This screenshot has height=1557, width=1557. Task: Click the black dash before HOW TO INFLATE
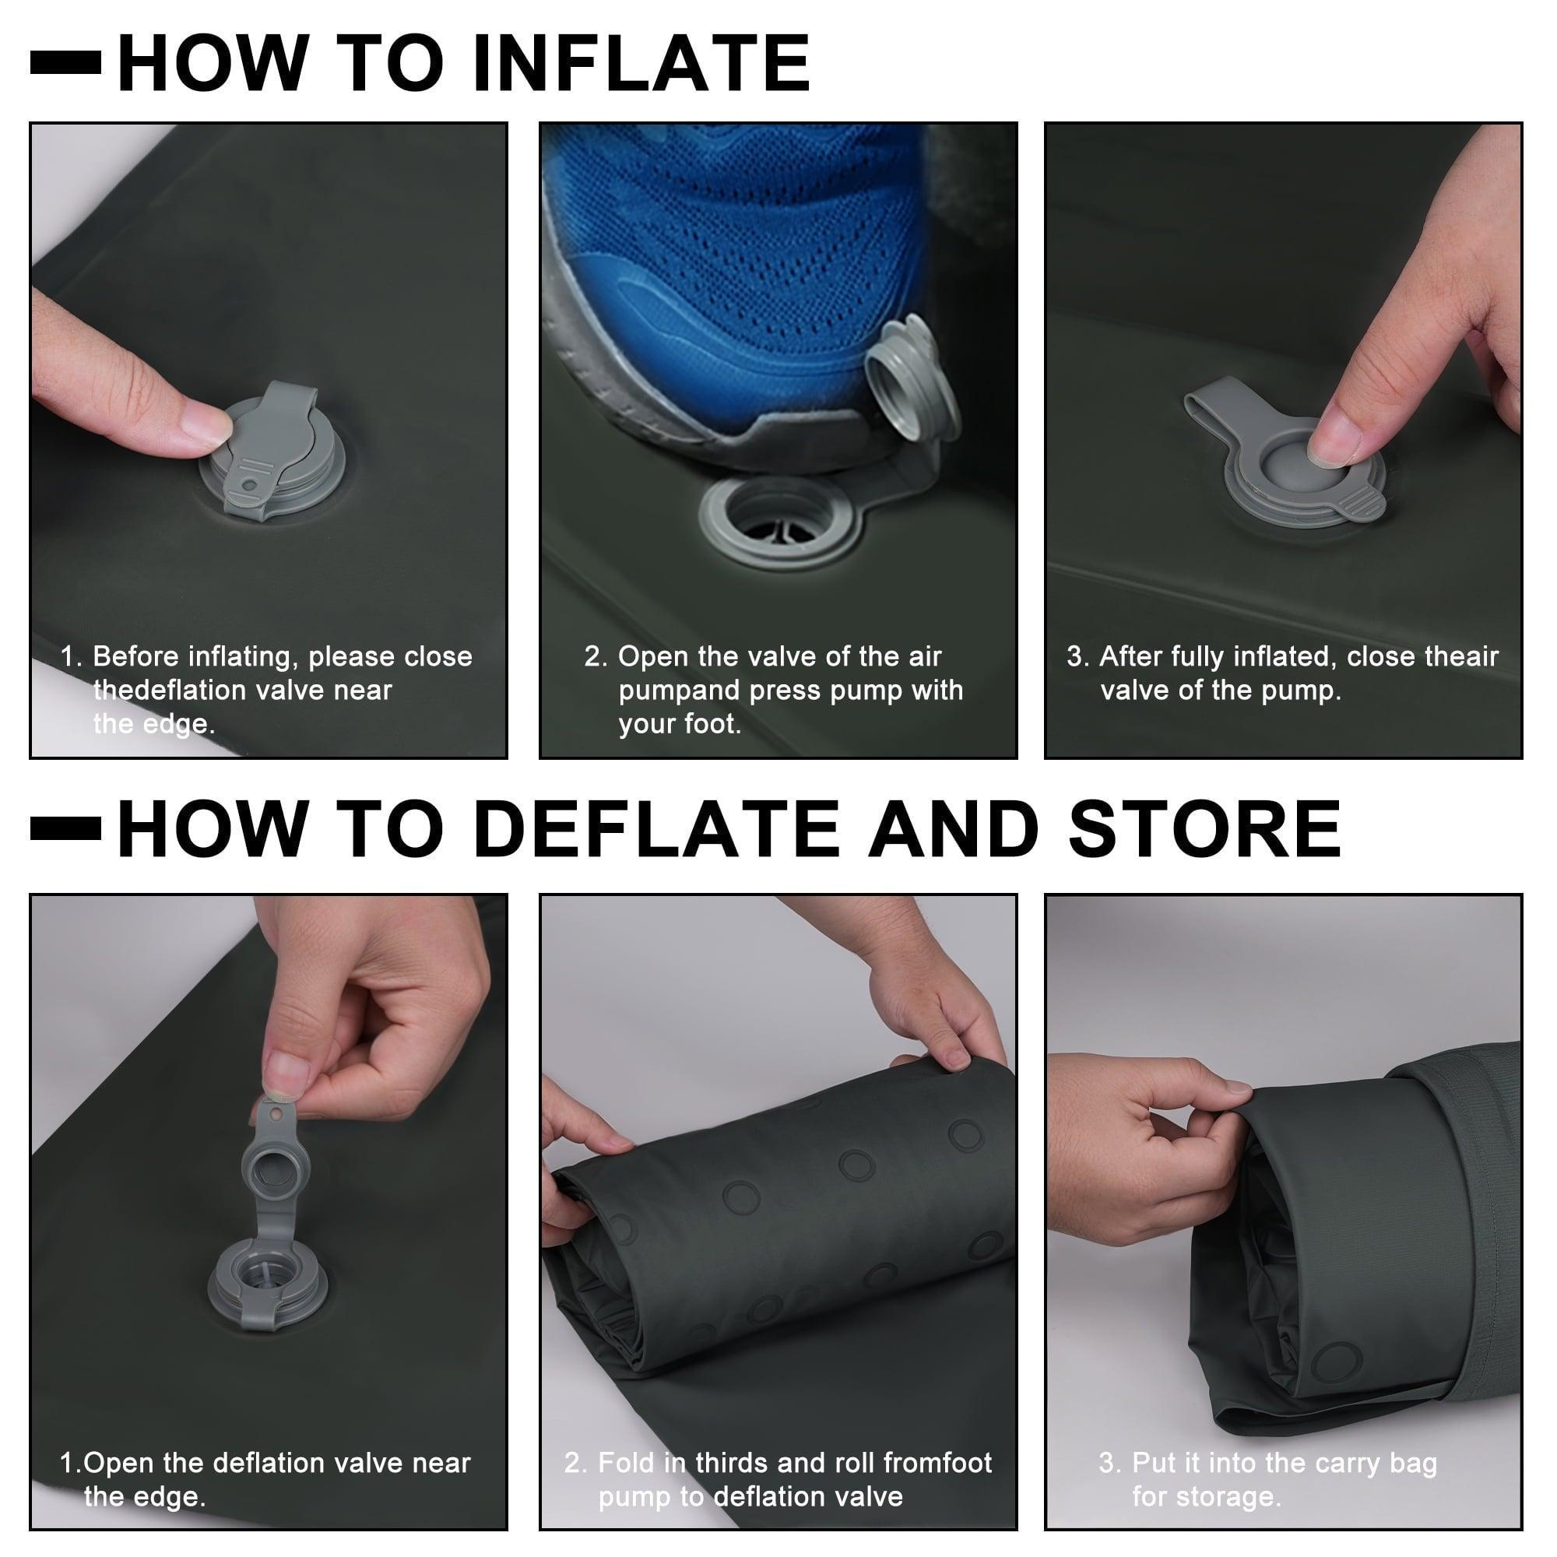point(66,63)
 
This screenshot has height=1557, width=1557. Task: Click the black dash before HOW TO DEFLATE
point(66,828)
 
